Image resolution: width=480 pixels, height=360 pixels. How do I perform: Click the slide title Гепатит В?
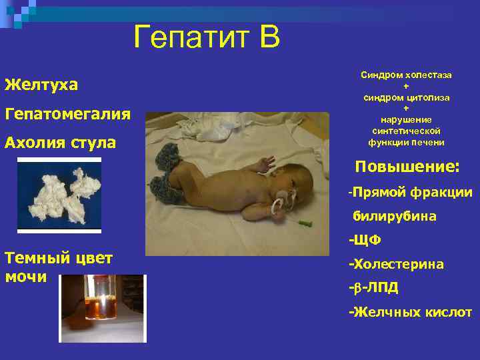pyautogui.click(x=207, y=37)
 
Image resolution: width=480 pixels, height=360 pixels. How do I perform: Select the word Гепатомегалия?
pyautogui.click(x=67, y=113)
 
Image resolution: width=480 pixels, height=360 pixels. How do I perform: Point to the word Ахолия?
pyautogui.click(x=34, y=142)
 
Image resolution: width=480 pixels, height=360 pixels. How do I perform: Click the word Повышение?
pyautogui.click(x=406, y=167)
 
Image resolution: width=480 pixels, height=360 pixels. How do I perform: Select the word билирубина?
pyautogui.click(x=395, y=216)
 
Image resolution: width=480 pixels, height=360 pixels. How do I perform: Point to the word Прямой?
pyautogui.click(x=377, y=193)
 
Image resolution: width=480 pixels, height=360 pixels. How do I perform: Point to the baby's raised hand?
pyautogui.click(x=266, y=161)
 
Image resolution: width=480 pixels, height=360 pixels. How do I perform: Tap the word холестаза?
pyautogui.click(x=429, y=75)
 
